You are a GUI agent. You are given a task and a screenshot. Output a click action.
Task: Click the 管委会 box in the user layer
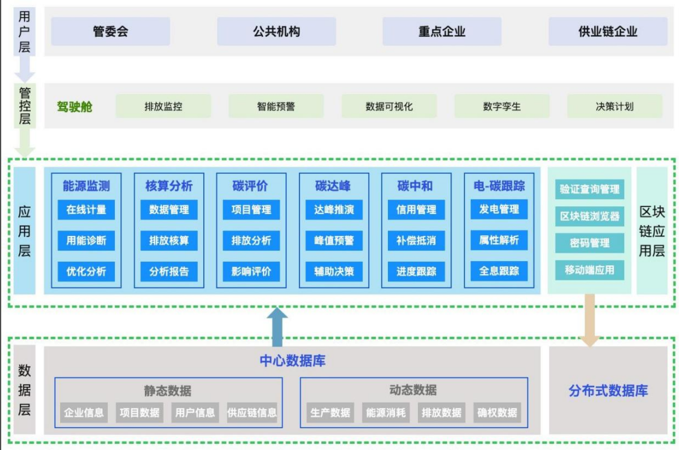pyautogui.click(x=110, y=31)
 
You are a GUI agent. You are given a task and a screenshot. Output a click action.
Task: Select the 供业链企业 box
pyautogui.click(x=607, y=31)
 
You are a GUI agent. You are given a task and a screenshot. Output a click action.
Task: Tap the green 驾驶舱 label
pyautogui.click(x=75, y=107)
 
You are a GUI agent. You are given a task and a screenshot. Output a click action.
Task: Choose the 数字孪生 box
pyautogui.click(x=502, y=106)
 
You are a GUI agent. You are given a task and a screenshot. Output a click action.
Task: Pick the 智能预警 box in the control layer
pyautogui.click(x=276, y=106)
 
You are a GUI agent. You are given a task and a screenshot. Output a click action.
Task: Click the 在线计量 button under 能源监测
pyautogui.click(x=86, y=209)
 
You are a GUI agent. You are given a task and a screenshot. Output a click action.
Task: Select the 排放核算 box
pyautogui.click(x=169, y=241)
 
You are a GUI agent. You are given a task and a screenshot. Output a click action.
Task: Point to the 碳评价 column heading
pyautogui.click(x=250, y=185)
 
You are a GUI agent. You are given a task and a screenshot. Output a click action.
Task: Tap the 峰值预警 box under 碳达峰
pyautogui.click(x=334, y=241)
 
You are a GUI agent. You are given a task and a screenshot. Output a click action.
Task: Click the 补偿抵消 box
pyautogui.click(x=416, y=241)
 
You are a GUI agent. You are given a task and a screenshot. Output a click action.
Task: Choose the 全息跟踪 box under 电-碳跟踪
pyautogui.click(x=499, y=271)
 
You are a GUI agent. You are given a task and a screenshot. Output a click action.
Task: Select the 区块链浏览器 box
pyautogui.click(x=589, y=216)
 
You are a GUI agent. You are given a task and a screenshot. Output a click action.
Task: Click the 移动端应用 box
pyautogui.click(x=589, y=270)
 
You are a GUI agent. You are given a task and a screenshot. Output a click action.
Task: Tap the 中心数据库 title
pyautogui.click(x=292, y=361)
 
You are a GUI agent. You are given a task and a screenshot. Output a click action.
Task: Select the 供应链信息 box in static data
pyautogui.click(x=252, y=413)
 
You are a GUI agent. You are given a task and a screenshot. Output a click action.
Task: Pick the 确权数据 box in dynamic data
pyautogui.click(x=497, y=413)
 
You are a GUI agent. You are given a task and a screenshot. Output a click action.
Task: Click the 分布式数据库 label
pyautogui.click(x=608, y=390)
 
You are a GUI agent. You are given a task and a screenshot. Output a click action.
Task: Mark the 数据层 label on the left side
pyautogui.click(x=25, y=390)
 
